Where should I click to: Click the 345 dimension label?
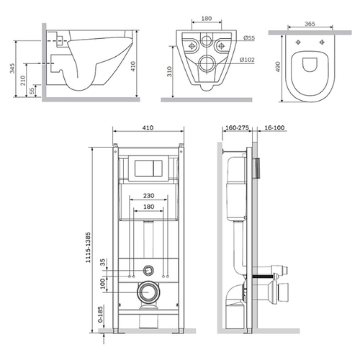(12, 68)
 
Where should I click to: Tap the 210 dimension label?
(22, 81)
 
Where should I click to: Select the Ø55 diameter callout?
(249, 38)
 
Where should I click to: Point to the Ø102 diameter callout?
(247, 60)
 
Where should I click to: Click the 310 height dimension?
(169, 71)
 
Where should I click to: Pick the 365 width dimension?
(310, 24)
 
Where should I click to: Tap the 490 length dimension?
(278, 67)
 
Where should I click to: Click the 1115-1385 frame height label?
(89, 247)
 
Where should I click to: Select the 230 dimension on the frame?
(148, 196)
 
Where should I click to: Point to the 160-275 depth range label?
(237, 127)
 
